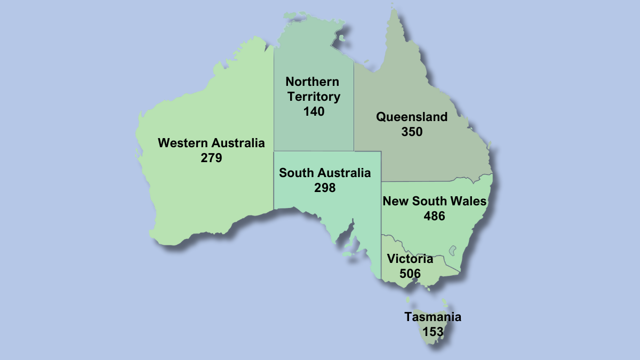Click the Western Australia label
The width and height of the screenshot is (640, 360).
coord(211,143)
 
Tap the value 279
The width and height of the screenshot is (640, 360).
coord(211,158)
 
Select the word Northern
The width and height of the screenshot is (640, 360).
coord(312,82)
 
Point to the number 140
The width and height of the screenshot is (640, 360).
coord(314,111)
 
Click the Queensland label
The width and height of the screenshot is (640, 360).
coord(411,117)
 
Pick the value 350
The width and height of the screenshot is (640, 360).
coord(412,132)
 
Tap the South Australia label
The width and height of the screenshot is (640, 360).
coord(324,173)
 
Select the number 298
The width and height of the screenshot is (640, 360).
coord(325,188)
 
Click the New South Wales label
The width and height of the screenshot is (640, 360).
coord(434,201)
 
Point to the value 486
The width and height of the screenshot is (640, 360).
coord(434,216)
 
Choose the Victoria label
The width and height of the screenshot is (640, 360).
coord(410,259)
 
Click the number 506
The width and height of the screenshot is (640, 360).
coord(410,274)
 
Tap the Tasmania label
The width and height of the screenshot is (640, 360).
coord(433,317)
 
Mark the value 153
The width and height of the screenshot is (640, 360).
coord(433,331)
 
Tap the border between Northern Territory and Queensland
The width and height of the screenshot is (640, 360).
coord(354,107)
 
